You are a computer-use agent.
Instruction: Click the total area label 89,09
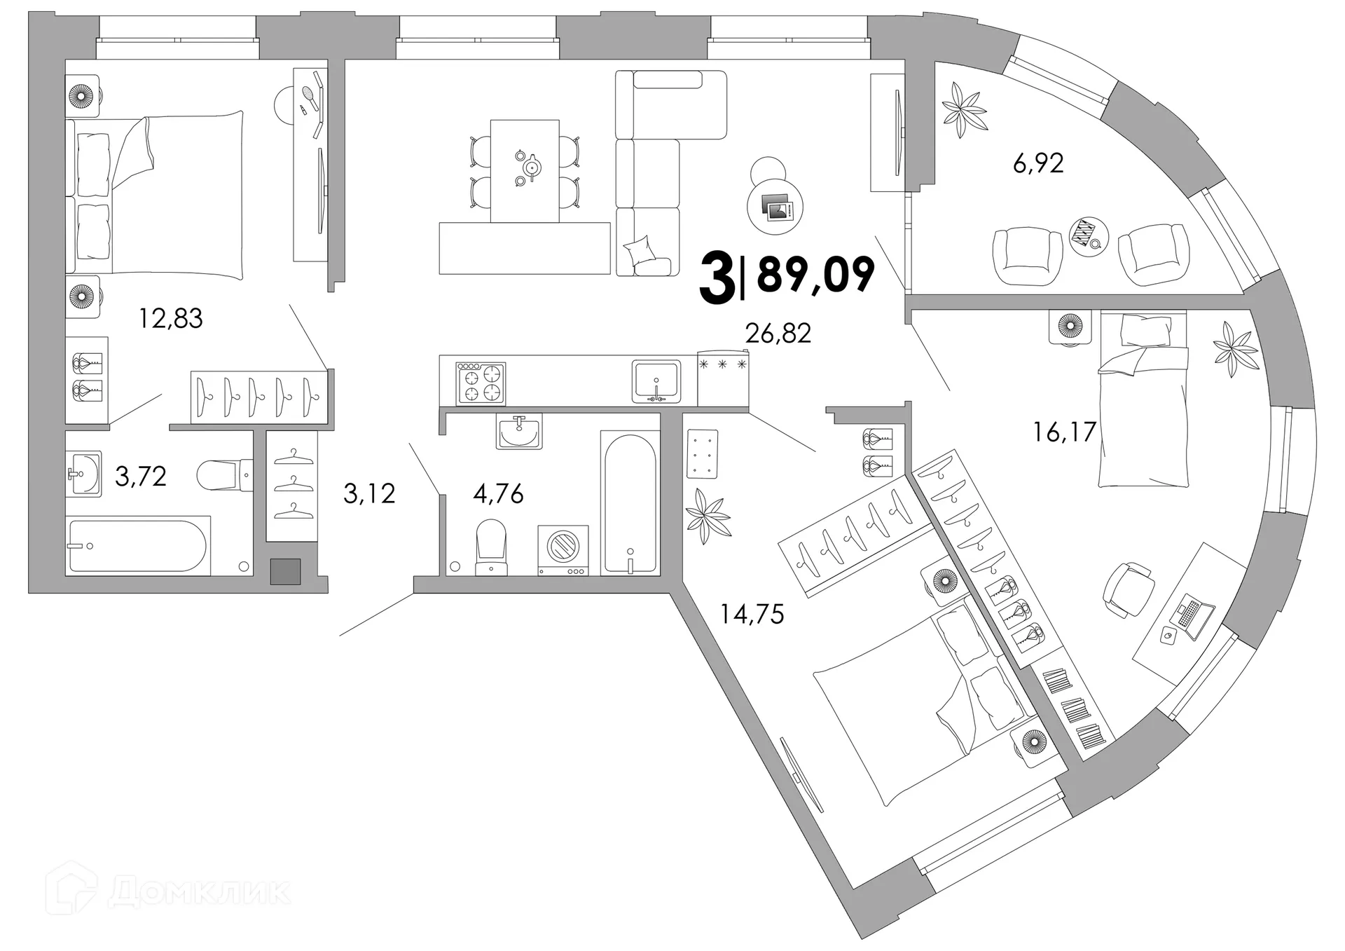click(x=815, y=275)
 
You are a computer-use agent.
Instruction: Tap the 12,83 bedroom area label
click(x=170, y=319)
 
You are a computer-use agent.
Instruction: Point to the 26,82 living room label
click(x=778, y=334)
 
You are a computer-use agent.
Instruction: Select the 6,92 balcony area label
click(x=1038, y=163)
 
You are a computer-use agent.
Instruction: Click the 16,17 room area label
click(x=1064, y=432)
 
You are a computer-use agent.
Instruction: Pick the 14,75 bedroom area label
click(x=752, y=614)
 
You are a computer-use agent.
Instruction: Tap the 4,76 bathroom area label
click(x=498, y=494)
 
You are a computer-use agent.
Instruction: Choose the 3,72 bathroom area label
click(x=140, y=477)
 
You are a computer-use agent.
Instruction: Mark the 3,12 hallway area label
click(x=369, y=493)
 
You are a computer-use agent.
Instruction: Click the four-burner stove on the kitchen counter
click(x=481, y=383)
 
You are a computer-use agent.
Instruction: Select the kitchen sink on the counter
click(x=656, y=381)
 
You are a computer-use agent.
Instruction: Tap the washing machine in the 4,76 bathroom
click(x=563, y=551)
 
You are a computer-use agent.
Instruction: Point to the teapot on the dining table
click(x=532, y=167)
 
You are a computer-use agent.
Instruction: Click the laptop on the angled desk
click(x=1191, y=616)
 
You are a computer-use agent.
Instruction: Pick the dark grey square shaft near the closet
click(x=286, y=571)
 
